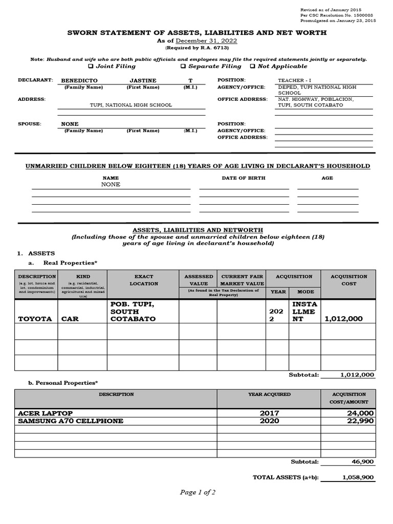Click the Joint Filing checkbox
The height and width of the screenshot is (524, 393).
tap(91, 66)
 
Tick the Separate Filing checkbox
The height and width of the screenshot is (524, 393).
tap(183, 66)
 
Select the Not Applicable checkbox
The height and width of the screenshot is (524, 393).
tap(252, 66)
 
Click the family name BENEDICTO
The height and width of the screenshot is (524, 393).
tap(79, 81)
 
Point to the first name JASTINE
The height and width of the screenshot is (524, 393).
tap(143, 81)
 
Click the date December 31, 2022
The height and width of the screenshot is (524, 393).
tap(206, 40)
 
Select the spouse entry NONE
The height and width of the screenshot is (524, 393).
tap(70, 124)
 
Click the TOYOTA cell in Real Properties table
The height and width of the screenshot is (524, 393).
tap(35, 319)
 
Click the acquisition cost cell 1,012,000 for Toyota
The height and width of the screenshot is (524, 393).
tap(344, 319)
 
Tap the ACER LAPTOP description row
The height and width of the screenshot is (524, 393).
tap(46, 413)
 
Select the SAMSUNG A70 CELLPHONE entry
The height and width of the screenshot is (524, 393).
tap(71, 421)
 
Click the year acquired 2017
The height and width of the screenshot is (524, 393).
tap(269, 413)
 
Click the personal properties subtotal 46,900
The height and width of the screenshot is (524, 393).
tap(362, 462)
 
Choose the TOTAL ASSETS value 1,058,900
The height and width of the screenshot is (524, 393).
tap(358, 477)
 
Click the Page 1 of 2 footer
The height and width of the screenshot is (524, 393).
tap(198, 492)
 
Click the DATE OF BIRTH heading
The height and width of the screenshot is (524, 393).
tap(244, 178)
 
